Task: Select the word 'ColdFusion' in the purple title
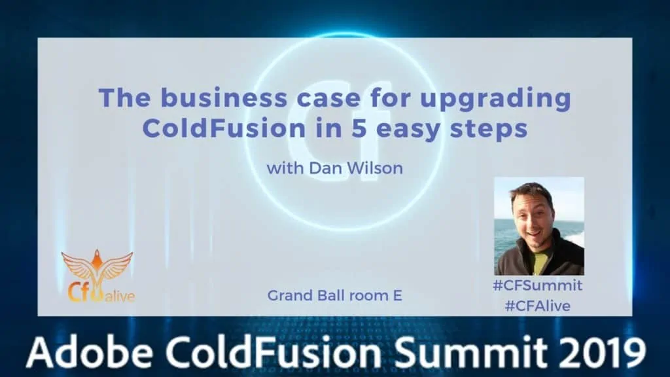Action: tap(224, 128)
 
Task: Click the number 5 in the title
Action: tap(359, 128)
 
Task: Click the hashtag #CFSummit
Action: tap(538, 285)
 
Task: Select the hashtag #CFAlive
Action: tap(538, 306)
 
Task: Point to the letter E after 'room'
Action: tap(397, 295)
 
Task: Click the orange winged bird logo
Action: tap(97, 269)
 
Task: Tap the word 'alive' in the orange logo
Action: tap(120, 296)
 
